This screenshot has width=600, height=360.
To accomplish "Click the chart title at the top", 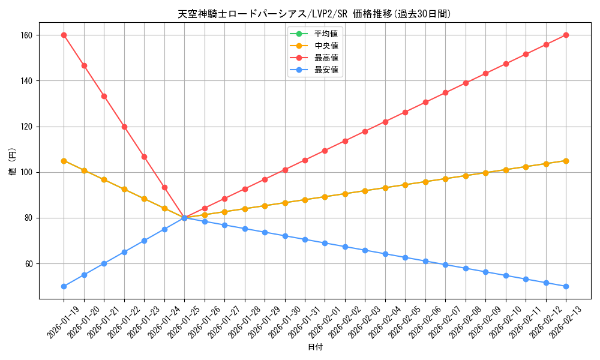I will [x=314, y=14].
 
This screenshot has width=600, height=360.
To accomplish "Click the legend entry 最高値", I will [x=326, y=58].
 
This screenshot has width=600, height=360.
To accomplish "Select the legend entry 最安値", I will [x=326, y=70].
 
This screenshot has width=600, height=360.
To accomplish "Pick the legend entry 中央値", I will [x=326, y=46].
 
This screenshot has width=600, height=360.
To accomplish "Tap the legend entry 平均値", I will [x=326, y=34].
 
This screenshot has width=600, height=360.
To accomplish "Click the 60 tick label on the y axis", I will [x=29, y=264].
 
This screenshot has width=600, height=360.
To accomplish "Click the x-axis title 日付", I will [x=315, y=347].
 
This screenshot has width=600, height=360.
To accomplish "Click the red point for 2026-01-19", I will [x=64, y=35].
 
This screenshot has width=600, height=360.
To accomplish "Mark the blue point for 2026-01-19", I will [x=64, y=286].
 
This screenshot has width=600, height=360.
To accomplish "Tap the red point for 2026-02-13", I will [x=566, y=35].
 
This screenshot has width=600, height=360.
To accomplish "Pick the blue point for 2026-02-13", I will [x=566, y=286].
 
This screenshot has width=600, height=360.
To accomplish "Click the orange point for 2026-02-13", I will [x=566, y=161].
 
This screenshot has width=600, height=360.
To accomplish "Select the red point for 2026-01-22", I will [x=124, y=127].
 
